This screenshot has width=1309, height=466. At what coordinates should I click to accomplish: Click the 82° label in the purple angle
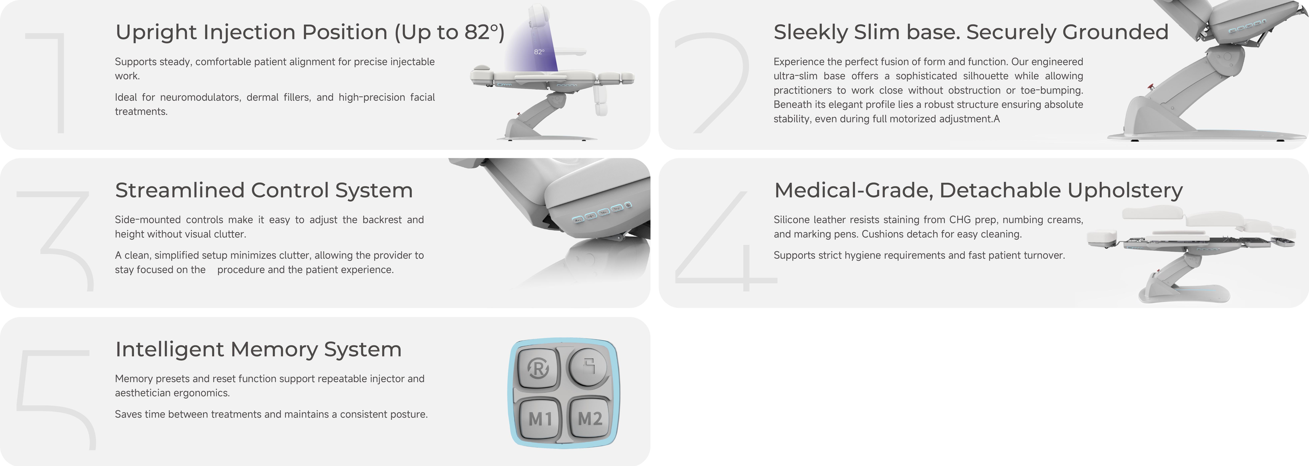point(539,52)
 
